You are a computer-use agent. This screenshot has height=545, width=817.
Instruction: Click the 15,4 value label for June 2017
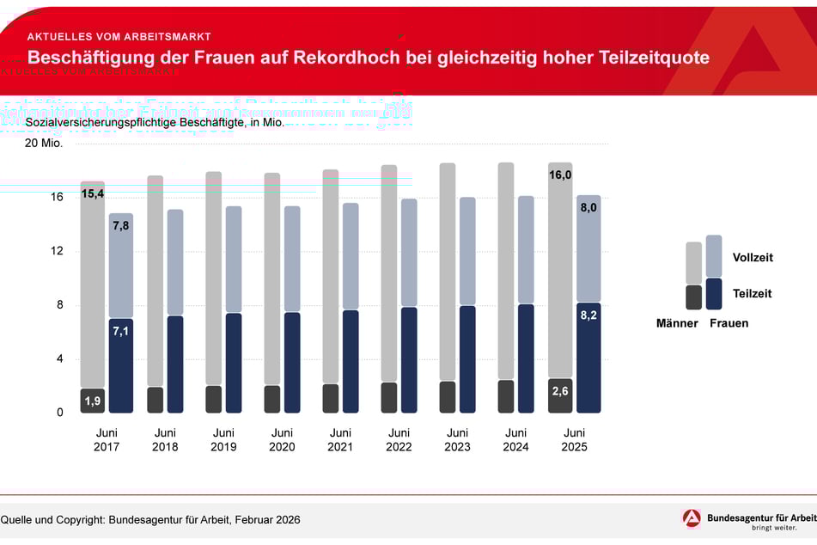pyautogui.click(x=93, y=194)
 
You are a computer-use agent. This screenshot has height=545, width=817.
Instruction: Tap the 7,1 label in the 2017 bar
pyautogui.click(x=121, y=331)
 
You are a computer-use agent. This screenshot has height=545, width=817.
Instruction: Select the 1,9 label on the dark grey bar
pyautogui.click(x=93, y=401)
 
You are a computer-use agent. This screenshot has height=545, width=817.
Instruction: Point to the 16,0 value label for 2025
pyautogui.click(x=560, y=175)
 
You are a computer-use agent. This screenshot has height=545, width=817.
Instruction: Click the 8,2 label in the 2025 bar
pyautogui.click(x=588, y=315)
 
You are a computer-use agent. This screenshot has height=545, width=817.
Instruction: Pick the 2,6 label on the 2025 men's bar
pyautogui.click(x=560, y=392)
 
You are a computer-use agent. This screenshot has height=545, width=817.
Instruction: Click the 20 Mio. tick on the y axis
pyautogui.click(x=44, y=143)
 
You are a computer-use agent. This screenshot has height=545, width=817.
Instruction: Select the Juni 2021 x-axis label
pyautogui.click(x=340, y=439)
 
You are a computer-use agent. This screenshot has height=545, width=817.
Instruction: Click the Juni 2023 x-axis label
pyautogui.click(x=457, y=439)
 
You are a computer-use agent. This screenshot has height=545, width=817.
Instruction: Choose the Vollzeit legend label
pyautogui.click(x=753, y=257)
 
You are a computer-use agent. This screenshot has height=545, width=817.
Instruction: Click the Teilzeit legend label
pyautogui.click(x=752, y=293)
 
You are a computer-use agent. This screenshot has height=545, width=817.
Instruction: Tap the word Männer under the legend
pyautogui.click(x=677, y=323)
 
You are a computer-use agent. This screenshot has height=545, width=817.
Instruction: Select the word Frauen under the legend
pyautogui.click(x=729, y=323)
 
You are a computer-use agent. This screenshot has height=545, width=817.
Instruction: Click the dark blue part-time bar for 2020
pyautogui.click(x=293, y=363)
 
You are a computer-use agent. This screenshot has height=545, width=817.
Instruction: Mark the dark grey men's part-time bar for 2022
pyautogui.click(x=389, y=398)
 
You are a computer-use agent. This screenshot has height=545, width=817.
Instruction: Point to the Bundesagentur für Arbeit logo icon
pyautogui.click(x=692, y=518)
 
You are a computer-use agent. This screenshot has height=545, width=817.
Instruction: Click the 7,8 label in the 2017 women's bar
pyautogui.click(x=121, y=225)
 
